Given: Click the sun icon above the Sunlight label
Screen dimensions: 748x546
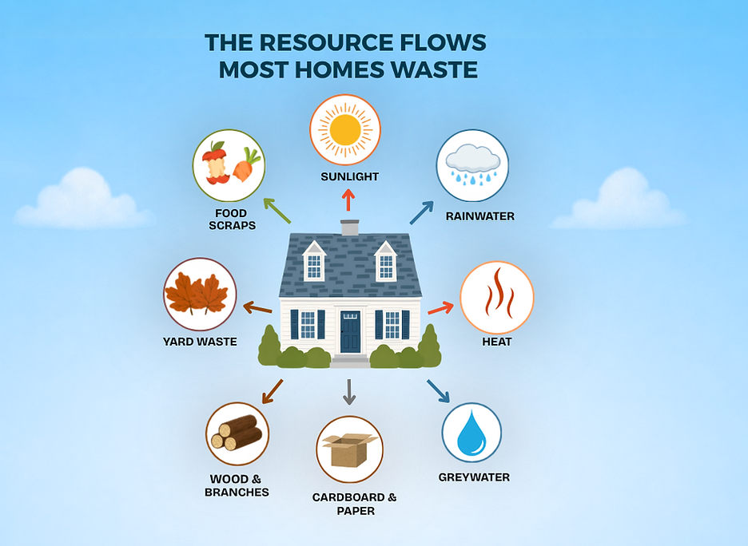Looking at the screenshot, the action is (345, 129).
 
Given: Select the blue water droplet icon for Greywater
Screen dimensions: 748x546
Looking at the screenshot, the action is (471, 433).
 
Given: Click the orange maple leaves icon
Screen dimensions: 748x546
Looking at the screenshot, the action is (196, 294).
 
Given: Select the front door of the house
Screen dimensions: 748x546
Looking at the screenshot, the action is (350, 331).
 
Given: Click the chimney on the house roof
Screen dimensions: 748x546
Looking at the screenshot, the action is (350, 227).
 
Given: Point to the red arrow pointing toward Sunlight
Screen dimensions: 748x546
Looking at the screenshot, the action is (348, 200).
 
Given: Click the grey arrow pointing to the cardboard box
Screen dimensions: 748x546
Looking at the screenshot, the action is (349, 393).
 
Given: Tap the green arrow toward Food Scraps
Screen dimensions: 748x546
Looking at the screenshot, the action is (277, 211).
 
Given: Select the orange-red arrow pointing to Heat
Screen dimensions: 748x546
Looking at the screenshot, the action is (441, 308).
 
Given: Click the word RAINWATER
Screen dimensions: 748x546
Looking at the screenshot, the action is (480, 216).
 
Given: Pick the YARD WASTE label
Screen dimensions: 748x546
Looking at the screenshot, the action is (200, 342).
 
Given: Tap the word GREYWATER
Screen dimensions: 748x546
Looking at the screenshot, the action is (474, 477).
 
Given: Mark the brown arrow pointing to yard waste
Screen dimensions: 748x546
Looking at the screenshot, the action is (257, 308).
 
